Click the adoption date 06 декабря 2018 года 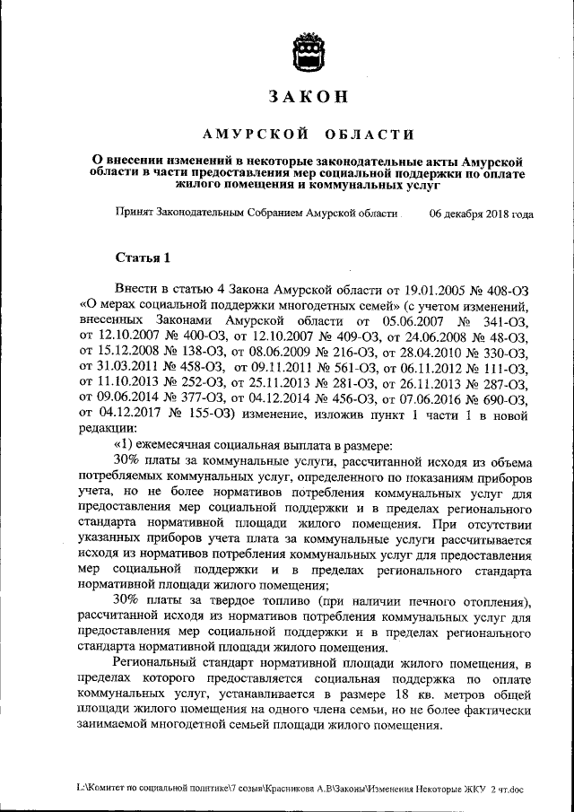[482, 214]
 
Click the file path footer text [291, 788]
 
